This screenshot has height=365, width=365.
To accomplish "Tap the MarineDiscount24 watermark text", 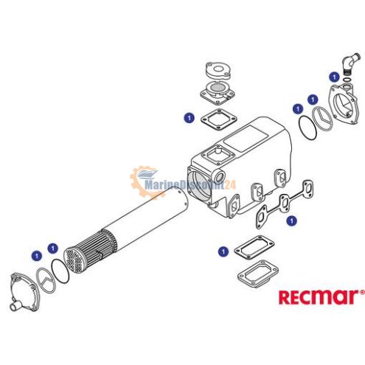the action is coord(190,184).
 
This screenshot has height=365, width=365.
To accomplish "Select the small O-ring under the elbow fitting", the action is coord(347,80).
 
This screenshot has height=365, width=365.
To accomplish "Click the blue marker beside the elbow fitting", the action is coord(334,77).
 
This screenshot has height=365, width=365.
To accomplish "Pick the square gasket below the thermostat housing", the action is coord(219,119).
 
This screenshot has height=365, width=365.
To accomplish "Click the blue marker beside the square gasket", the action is coord(189,118).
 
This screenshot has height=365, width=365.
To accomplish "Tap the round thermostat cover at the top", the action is coord(218,70).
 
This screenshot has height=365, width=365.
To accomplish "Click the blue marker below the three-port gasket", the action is coord(292,220).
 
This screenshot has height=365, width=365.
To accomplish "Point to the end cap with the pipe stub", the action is coord(24,292).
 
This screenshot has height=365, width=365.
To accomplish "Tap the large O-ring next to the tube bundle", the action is coord(60,271).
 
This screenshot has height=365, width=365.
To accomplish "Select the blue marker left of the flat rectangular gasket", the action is coord(223,251).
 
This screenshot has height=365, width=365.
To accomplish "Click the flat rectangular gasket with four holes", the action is coord(254,247).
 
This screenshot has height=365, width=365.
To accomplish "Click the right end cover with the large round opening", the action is coord(343,104).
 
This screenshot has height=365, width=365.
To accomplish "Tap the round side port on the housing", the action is coord(219,176).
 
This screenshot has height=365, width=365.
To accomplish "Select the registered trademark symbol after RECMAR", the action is coord(362,292).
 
